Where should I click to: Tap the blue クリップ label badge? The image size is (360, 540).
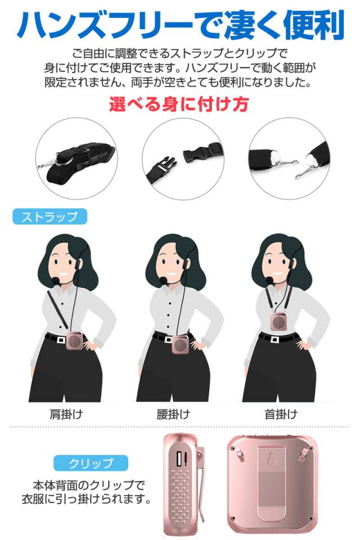[91, 463]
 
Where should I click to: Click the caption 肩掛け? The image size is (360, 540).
[67, 415]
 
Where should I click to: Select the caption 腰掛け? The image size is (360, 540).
[173, 415]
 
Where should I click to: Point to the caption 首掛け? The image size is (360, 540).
[281, 415]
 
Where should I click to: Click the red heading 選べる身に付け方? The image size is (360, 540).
[179, 105]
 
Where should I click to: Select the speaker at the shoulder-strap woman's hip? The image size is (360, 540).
[74, 341]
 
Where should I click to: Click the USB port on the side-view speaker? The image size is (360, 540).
[180, 457]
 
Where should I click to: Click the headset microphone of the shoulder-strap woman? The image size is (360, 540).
[55, 279]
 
